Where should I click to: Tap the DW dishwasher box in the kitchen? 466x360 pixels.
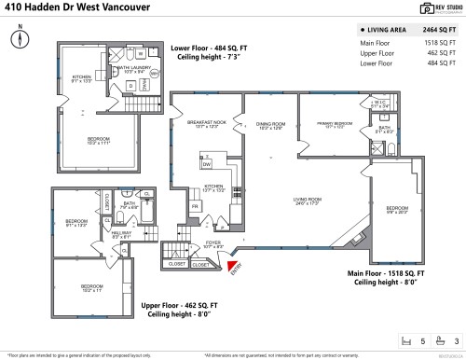click(207, 164)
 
